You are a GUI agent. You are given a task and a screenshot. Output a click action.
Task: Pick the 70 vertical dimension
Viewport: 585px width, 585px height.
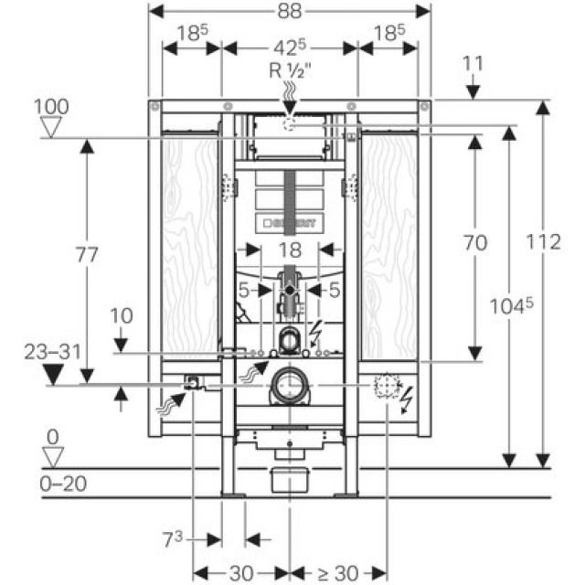[x=474, y=243]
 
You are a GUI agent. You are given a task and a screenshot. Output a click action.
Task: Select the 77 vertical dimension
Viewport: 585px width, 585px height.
[x=87, y=257]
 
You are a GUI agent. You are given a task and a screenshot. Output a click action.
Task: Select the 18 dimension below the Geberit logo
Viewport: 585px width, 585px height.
[x=289, y=249]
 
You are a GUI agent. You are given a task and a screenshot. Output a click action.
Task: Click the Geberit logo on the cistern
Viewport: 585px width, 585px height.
[x=290, y=222]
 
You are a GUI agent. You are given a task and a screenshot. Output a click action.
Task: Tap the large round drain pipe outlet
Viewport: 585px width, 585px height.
[x=291, y=385]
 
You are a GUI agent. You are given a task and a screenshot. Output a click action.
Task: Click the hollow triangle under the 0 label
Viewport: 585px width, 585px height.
[x=52, y=454]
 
